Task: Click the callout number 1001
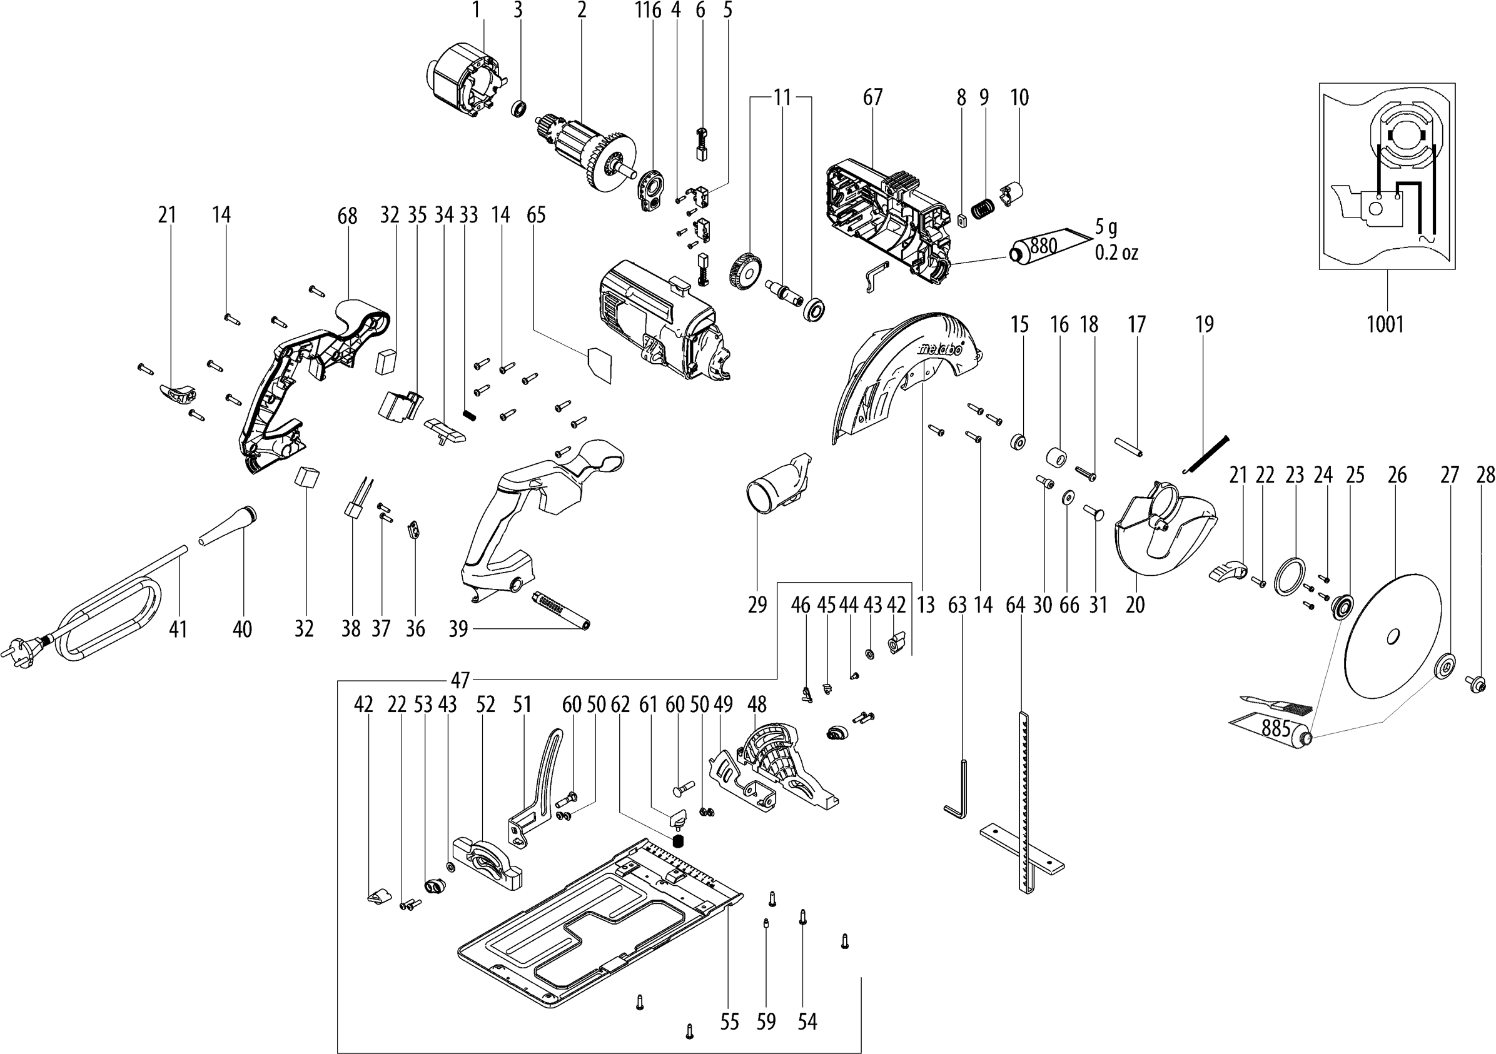pos(1385,324)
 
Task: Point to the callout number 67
pos(872,97)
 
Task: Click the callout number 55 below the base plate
pos(730,1022)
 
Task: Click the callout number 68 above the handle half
pos(347,216)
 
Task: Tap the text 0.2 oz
pos(1117,252)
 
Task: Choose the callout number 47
pos(460,681)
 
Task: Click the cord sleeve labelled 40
pos(229,524)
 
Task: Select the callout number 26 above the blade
pos(1397,475)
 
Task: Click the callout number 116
pos(648,10)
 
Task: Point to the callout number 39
pos(458,629)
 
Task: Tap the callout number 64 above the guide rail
pos(1015,605)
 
